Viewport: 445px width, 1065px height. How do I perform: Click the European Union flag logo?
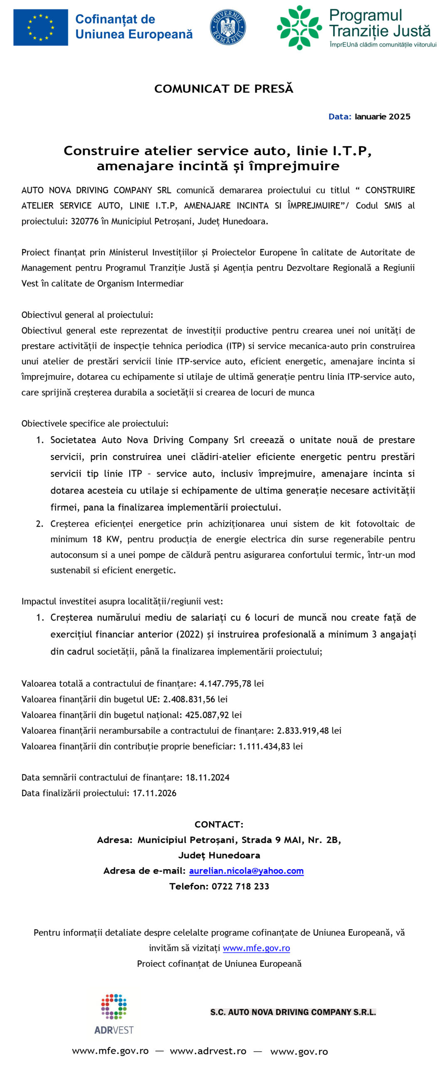point(40,27)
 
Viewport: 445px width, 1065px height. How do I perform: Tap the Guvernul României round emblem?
point(227,27)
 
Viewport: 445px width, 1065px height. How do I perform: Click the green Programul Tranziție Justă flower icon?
point(299,27)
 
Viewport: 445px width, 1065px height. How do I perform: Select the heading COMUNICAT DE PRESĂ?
point(223,89)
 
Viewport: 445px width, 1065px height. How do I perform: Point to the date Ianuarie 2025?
point(382,116)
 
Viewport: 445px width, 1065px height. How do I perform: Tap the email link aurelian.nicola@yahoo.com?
point(246,871)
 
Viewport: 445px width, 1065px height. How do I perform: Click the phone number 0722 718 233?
point(240,886)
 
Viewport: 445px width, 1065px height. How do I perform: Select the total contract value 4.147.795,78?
point(225,684)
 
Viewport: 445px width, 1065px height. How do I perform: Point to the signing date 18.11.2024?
point(208,778)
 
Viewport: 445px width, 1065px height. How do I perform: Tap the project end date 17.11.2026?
point(154,793)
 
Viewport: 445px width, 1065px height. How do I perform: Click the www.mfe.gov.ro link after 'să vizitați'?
point(256,948)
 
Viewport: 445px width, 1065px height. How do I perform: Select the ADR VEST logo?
point(114,1014)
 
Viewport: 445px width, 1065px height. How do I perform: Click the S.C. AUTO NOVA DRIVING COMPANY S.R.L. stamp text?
point(293,1012)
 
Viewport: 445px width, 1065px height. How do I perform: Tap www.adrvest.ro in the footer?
point(208,1051)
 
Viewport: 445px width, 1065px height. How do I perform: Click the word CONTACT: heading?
point(219,824)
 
